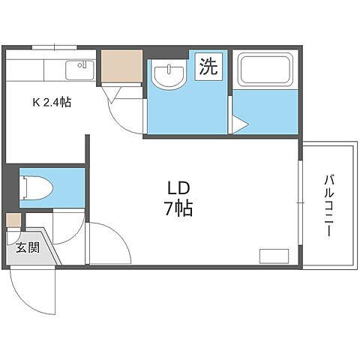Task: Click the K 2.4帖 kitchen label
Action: point(52,103)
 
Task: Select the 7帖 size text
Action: point(178,208)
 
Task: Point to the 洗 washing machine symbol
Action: point(208,67)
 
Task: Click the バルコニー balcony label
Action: point(328,205)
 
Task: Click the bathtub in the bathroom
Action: point(266,70)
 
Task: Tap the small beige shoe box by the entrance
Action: point(13,220)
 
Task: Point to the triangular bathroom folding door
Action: point(237,124)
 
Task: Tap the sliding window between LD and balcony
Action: point(302,205)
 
